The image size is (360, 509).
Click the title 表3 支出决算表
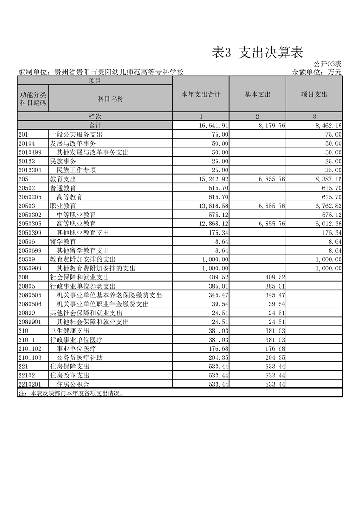(257, 53)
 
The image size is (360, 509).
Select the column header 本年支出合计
(201, 94)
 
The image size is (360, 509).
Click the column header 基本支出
(257, 94)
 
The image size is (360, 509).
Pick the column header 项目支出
(314, 94)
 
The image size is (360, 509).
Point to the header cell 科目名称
(111, 98)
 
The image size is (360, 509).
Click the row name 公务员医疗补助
(79, 357)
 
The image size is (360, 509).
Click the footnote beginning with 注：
(70, 393)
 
